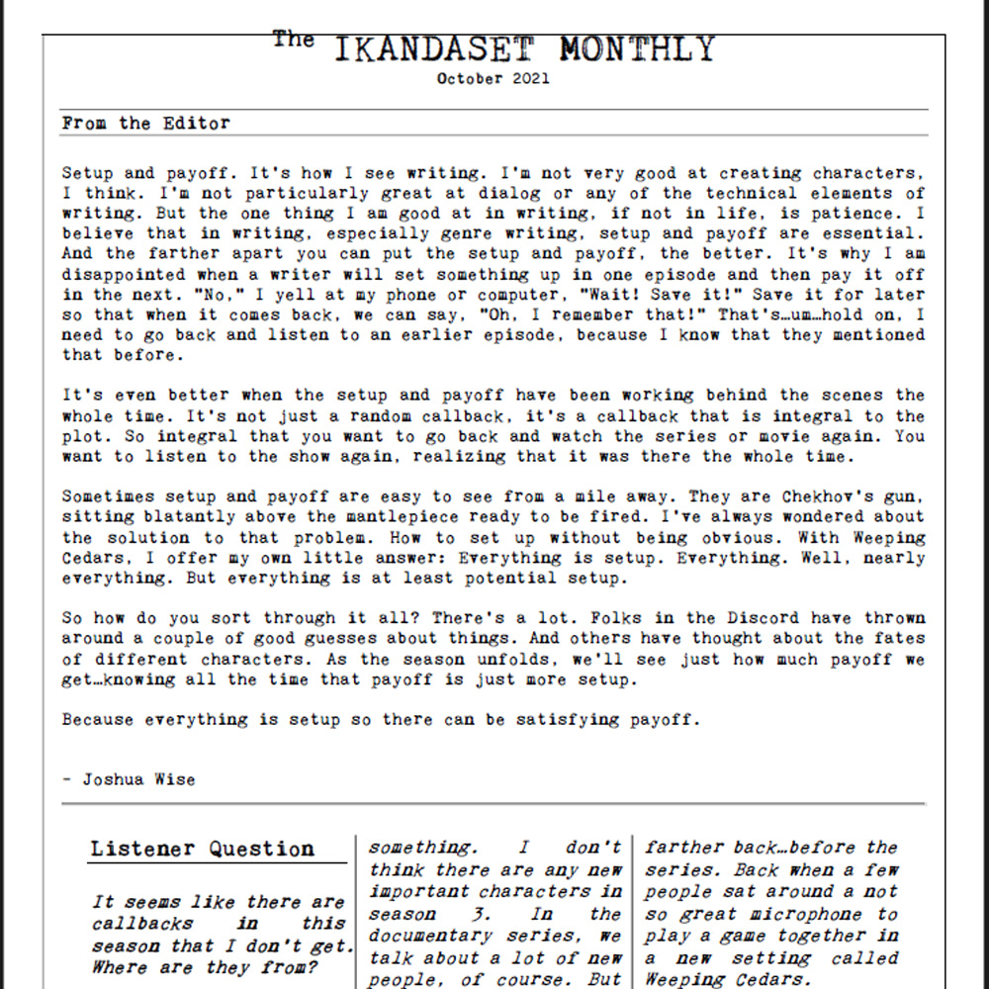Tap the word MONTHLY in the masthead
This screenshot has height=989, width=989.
pos(636,48)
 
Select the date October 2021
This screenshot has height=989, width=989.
pos(493,79)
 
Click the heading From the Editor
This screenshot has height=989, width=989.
pos(145,124)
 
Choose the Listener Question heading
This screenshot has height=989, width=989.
pos(203,849)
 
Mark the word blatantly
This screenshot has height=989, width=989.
pos(189,517)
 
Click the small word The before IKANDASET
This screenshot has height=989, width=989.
pos(293,40)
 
